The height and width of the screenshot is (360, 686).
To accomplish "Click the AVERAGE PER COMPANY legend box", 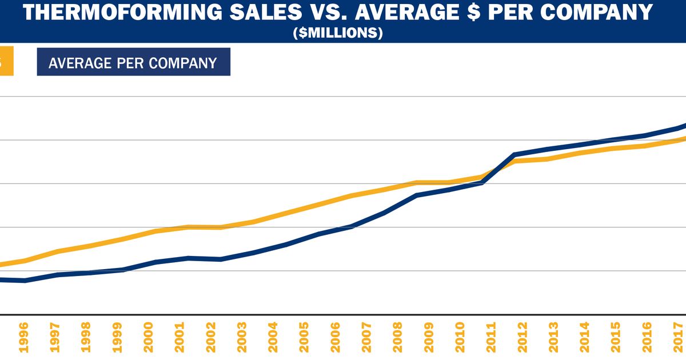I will (133, 62).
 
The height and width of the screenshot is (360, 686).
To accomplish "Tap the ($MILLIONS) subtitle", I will (337, 34).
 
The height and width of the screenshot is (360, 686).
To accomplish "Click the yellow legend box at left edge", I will (6, 62).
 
